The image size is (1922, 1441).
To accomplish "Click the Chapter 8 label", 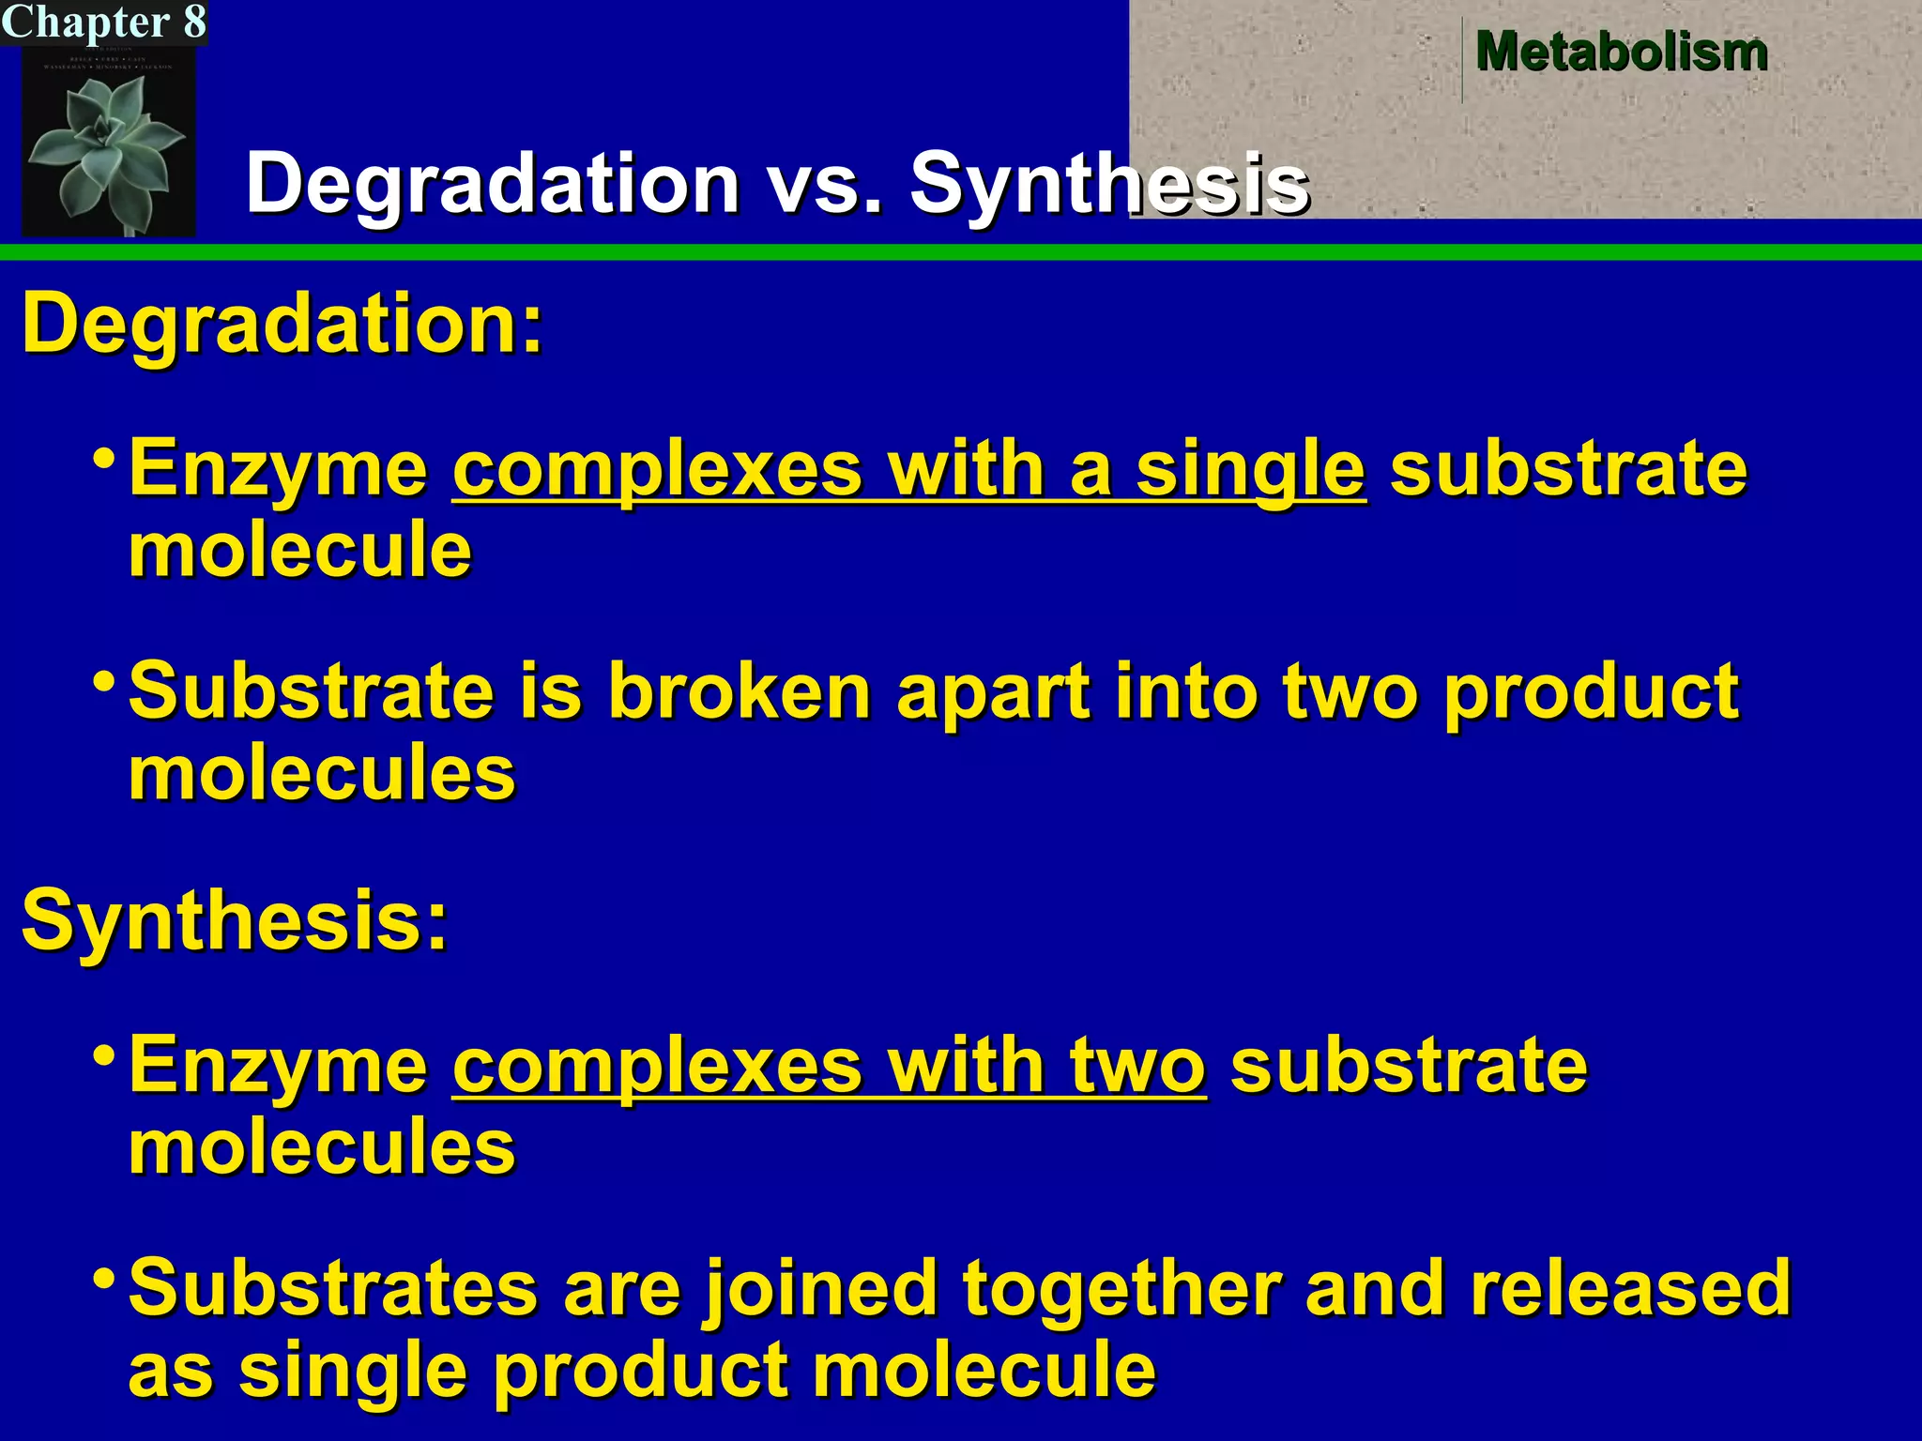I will click(x=103, y=22).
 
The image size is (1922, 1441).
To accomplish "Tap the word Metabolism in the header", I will click(x=1621, y=51).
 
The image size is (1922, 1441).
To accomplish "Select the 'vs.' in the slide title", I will click(x=825, y=183).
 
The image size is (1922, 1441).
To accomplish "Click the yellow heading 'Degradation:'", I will click(x=282, y=324).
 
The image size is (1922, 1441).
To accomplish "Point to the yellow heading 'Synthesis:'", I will click(x=235, y=920).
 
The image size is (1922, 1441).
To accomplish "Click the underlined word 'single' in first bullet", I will click(x=1250, y=469).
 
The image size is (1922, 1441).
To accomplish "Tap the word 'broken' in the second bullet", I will click(x=740, y=691).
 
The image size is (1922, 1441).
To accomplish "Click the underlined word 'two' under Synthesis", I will click(x=1137, y=1065).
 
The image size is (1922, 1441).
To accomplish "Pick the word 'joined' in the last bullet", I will click(x=821, y=1289).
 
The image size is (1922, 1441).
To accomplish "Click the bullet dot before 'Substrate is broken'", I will click(x=105, y=679).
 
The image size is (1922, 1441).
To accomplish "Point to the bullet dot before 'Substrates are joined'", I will click(x=105, y=1276).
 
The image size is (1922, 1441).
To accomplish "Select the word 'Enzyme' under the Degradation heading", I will click(x=278, y=469).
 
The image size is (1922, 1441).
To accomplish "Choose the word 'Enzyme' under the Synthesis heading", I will click(x=278, y=1066).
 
